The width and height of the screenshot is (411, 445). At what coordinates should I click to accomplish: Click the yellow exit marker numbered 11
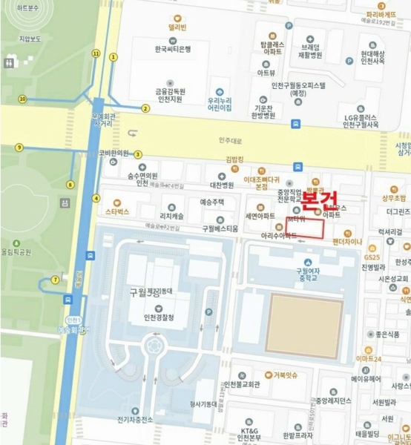[96, 53]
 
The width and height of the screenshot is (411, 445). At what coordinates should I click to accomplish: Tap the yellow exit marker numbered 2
[145, 108]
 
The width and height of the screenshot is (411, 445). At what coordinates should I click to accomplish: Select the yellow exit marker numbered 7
[54, 280]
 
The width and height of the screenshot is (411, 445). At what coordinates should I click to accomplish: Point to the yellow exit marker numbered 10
[23, 99]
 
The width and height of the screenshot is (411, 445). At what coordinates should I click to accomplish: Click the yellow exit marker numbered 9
[19, 148]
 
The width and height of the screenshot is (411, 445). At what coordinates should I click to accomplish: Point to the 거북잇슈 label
[285, 375]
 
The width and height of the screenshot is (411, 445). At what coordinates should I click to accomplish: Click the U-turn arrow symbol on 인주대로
[133, 133]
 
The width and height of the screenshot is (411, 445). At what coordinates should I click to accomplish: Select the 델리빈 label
[176, 26]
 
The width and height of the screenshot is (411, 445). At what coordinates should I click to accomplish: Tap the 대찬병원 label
[221, 185]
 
